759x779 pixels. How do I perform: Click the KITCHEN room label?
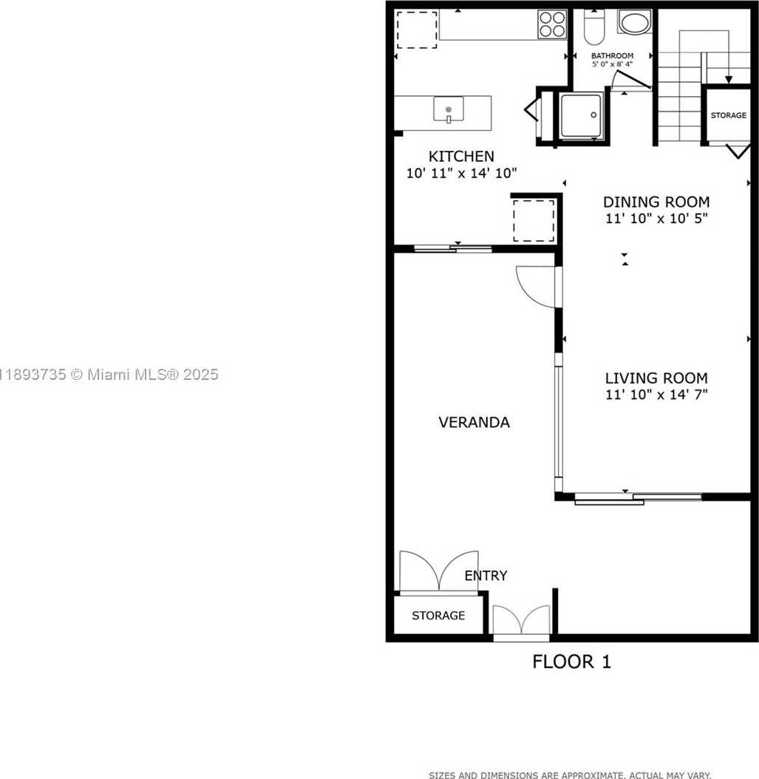pyautogui.click(x=461, y=157)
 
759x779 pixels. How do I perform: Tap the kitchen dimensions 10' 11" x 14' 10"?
pyautogui.click(x=461, y=173)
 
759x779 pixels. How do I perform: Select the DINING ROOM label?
pyautogui.click(x=656, y=202)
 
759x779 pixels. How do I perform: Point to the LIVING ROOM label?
pyautogui.click(x=656, y=378)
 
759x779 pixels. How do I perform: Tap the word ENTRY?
pyautogui.click(x=486, y=576)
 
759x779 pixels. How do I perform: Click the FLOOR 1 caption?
pyautogui.click(x=571, y=661)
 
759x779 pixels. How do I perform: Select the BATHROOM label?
pyautogui.click(x=612, y=56)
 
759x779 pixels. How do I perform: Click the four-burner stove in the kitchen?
pyautogui.click(x=552, y=24)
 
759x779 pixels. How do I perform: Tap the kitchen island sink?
pyautogui.click(x=448, y=110)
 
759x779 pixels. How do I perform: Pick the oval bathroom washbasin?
pyautogui.click(x=634, y=22)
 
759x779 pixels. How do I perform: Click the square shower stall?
pyautogui.click(x=580, y=115)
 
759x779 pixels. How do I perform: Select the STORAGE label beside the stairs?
pyautogui.click(x=728, y=116)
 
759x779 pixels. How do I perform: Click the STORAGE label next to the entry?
pyautogui.click(x=438, y=616)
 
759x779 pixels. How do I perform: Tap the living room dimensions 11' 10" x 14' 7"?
pyautogui.click(x=656, y=395)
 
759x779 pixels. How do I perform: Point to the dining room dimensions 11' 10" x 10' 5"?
pyautogui.click(x=656, y=219)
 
